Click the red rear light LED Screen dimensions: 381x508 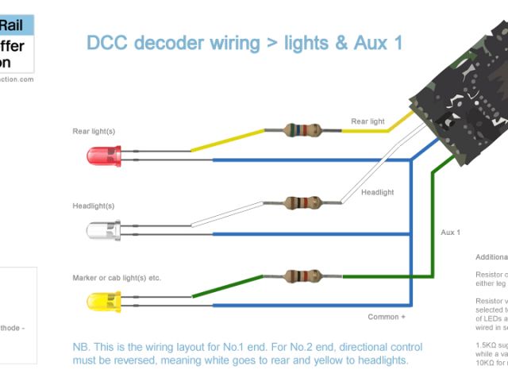(103, 156)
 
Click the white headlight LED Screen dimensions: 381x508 (103, 230)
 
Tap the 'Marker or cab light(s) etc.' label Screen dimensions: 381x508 (117, 278)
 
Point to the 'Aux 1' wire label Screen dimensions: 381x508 (450, 233)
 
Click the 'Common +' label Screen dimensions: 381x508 (387, 317)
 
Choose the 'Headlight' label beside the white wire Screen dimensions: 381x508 (377, 192)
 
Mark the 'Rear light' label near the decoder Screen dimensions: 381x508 (368, 121)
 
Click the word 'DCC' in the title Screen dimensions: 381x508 (106, 43)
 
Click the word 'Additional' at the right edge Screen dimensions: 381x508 (491, 257)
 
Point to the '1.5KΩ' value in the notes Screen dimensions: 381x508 (486, 346)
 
